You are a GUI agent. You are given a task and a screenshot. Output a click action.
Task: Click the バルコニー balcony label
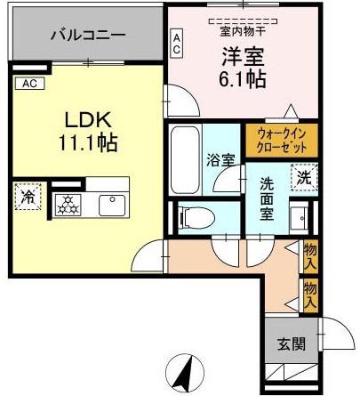[x=87, y=36]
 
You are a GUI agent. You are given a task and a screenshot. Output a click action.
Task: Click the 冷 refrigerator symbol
[x=28, y=198]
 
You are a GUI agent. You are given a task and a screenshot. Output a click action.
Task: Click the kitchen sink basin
[x=113, y=205]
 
